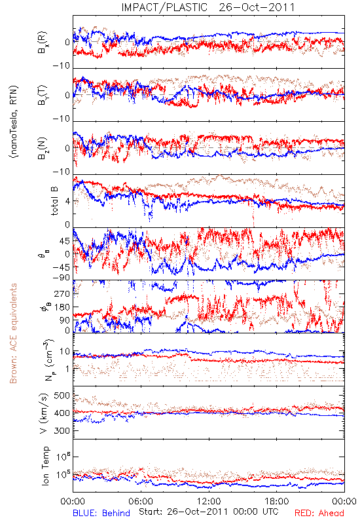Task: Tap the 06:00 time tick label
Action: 141,501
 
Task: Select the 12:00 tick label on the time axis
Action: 209,501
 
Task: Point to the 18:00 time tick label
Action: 277,501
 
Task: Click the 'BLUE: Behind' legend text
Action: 101,513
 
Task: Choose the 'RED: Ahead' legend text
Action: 319,513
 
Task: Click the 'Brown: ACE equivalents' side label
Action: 13,333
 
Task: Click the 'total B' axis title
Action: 55,201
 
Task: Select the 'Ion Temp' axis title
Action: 45,465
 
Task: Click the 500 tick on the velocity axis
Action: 62,396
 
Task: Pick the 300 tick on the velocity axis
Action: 62,430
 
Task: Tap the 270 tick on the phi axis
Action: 62,293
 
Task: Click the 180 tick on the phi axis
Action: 62,307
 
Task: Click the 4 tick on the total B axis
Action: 68,201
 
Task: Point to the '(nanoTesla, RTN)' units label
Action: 14,122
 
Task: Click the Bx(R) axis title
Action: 43,43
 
